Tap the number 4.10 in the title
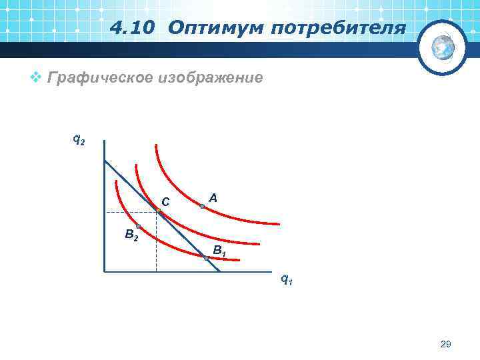(135, 29)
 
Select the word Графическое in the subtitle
(99, 79)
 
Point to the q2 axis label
(79, 140)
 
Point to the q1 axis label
(285, 280)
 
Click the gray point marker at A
(202, 207)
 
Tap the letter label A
(213, 198)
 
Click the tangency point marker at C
(159, 211)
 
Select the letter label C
(165, 201)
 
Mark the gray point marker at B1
(206, 257)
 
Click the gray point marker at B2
(138, 227)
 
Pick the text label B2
(131, 235)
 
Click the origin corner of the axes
(105, 271)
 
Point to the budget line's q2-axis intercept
(105, 161)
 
